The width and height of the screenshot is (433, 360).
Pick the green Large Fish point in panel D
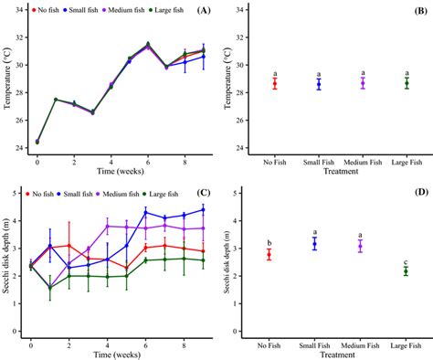pyautogui.click(x=407, y=270)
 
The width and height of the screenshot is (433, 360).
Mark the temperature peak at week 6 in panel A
pyautogui.click(x=148, y=44)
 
